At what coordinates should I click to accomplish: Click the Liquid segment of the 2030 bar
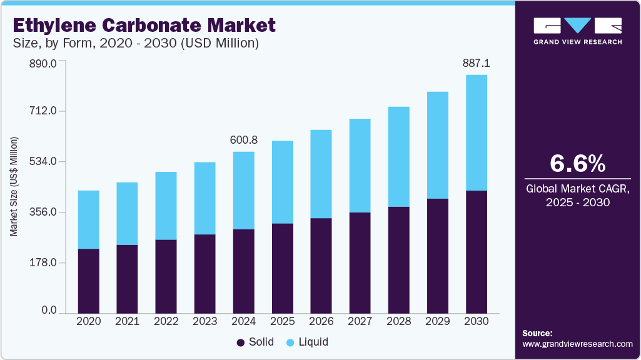click(477, 132)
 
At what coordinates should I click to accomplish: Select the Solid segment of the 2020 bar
click(88, 281)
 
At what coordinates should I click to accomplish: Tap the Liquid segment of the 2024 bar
click(243, 190)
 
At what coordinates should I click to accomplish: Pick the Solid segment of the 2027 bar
click(360, 262)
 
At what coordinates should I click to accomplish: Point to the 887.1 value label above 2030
click(477, 63)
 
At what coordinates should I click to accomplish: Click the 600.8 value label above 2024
click(244, 140)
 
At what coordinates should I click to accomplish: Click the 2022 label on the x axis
click(166, 321)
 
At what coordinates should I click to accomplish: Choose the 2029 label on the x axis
click(438, 321)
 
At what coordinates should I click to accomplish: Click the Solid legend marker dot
click(241, 342)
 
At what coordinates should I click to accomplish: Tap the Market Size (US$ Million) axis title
click(14, 186)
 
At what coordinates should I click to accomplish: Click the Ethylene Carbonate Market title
click(144, 26)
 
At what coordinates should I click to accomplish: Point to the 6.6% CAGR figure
click(577, 163)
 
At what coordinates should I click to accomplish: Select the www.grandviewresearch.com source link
click(577, 344)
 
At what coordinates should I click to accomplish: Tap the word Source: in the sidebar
click(537, 333)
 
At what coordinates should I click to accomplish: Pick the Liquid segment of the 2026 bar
click(321, 174)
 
